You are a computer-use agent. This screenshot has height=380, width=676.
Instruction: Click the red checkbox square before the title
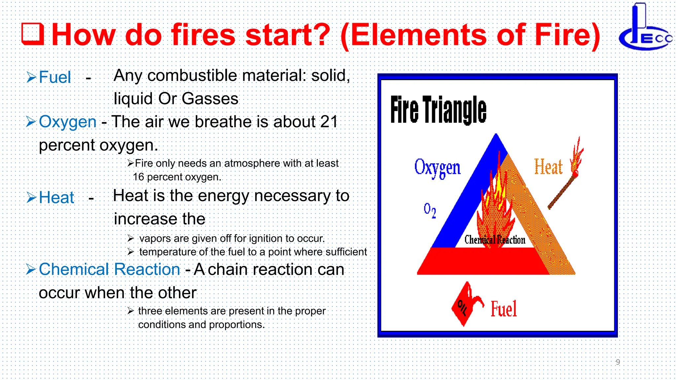click(x=33, y=34)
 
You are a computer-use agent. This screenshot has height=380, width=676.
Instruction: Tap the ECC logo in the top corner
click(x=646, y=28)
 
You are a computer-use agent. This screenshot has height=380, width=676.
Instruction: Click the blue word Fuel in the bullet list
click(x=55, y=77)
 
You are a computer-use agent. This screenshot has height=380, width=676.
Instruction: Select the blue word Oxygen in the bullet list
click(x=68, y=122)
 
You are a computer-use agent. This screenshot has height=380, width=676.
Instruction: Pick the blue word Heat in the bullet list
click(x=56, y=198)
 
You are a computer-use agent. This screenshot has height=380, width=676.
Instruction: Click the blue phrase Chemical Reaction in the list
click(x=109, y=269)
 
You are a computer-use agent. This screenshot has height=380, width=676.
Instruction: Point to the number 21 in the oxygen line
click(x=329, y=122)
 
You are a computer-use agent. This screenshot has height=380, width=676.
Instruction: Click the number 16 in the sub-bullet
click(x=139, y=177)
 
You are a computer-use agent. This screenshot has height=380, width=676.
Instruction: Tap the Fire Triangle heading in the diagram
click(x=438, y=110)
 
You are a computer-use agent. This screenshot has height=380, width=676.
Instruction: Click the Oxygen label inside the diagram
click(x=437, y=168)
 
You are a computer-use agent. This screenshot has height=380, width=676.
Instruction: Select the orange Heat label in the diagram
click(x=548, y=167)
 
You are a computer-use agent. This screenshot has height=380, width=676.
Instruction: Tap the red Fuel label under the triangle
click(x=504, y=309)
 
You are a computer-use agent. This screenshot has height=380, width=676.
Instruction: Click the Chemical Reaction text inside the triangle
click(x=494, y=239)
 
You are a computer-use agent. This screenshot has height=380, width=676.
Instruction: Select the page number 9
click(x=618, y=362)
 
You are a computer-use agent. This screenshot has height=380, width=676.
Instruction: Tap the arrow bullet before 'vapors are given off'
click(x=131, y=238)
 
